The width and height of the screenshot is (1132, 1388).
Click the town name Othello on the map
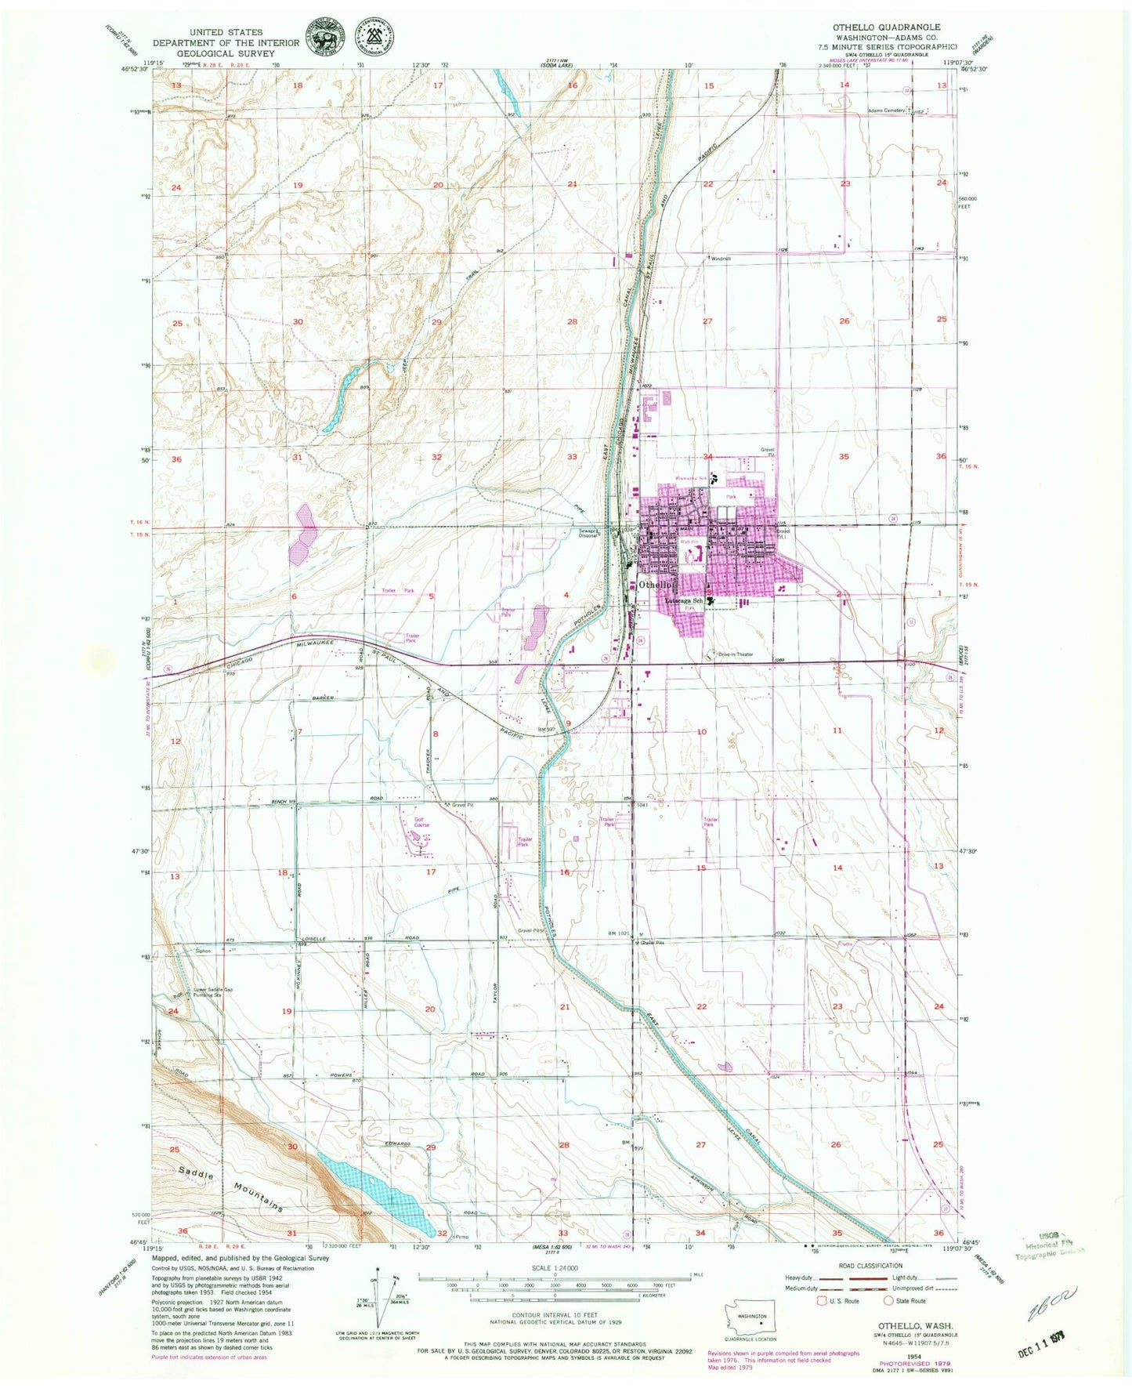pyautogui.click(x=655, y=585)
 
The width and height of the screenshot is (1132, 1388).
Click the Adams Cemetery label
pyautogui.click(x=886, y=111)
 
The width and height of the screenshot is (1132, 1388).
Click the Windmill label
pyautogui.click(x=721, y=258)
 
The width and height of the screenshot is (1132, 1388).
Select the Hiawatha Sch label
pyautogui.click(x=693, y=477)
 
